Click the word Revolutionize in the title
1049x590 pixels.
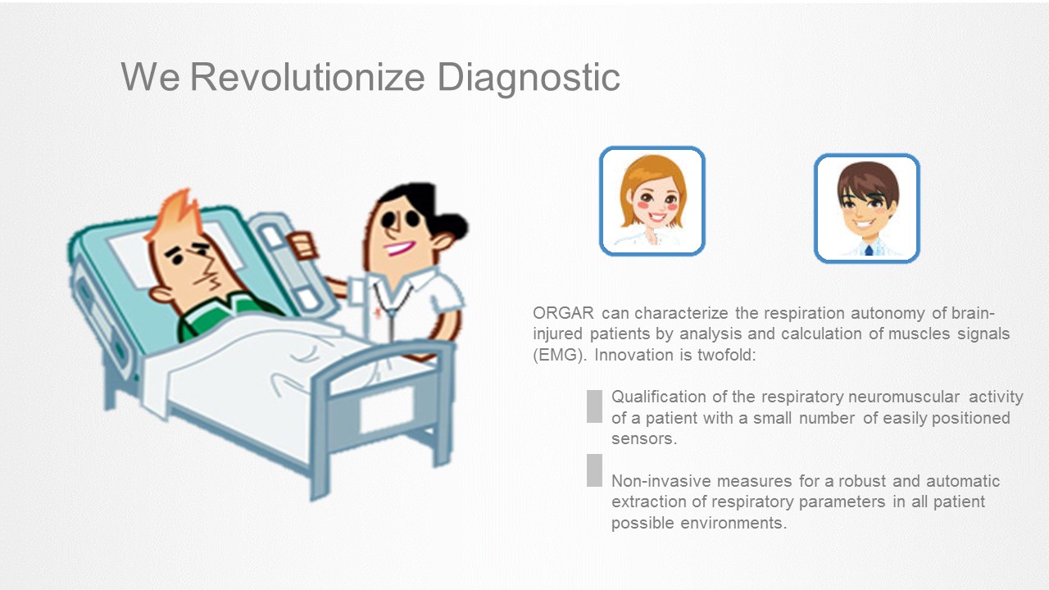tap(307, 77)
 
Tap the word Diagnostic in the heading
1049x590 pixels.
tap(529, 78)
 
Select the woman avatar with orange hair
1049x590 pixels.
tap(652, 201)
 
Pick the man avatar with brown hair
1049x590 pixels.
tap(867, 208)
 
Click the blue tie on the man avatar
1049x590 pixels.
tap(869, 250)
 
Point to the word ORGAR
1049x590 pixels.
tap(563, 312)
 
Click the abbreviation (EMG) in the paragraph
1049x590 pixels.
tap(560, 355)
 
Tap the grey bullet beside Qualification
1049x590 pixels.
tap(594, 406)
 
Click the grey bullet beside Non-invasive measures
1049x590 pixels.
tap(594, 470)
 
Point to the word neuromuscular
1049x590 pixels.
tap(904, 397)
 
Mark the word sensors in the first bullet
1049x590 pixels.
tap(644, 438)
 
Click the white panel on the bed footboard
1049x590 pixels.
tap(387, 411)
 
